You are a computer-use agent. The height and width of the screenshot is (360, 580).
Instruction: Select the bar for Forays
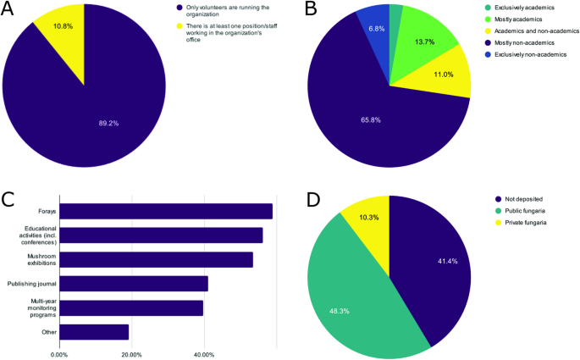165,211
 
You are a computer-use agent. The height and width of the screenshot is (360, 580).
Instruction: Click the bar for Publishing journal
133,284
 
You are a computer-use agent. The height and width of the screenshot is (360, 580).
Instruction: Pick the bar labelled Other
93,332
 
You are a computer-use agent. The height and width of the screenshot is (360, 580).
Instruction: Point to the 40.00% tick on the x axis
203,354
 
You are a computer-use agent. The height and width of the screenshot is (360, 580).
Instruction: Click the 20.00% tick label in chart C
130,354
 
